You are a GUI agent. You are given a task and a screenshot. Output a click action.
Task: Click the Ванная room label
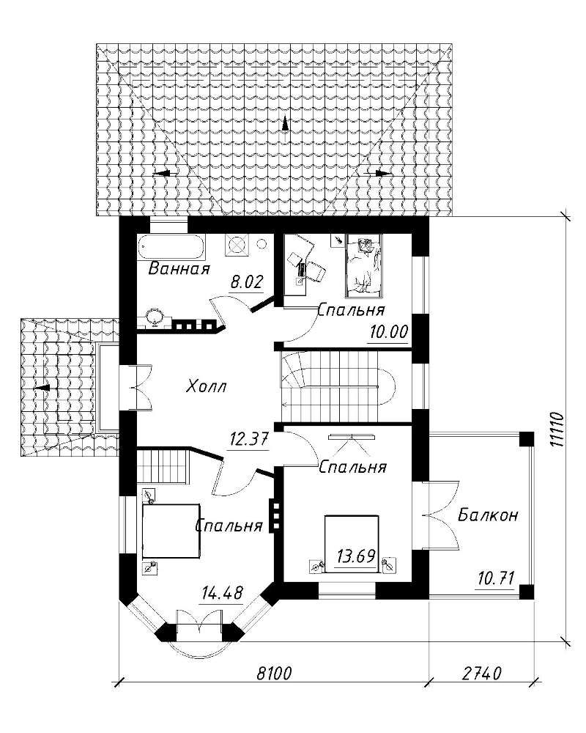click(x=179, y=268)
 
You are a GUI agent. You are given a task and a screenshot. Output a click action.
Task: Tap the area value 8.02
click(x=247, y=282)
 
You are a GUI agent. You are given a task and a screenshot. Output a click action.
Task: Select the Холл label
click(x=206, y=386)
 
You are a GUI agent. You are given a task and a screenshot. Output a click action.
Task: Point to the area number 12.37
click(x=249, y=439)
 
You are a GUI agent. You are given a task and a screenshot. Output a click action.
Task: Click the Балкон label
click(x=488, y=515)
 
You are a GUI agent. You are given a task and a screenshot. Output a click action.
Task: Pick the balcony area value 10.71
click(x=496, y=579)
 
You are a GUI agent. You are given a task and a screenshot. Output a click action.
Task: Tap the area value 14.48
click(x=223, y=594)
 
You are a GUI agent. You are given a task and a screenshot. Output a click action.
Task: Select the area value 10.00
click(x=389, y=332)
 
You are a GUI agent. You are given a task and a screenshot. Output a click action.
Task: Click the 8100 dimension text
click(x=274, y=674)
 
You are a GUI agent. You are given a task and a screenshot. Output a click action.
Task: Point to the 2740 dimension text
click(x=482, y=674)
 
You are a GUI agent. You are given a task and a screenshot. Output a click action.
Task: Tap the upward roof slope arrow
click(x=285, y=126)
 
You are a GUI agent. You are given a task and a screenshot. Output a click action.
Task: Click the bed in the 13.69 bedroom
click(x=352, y=543)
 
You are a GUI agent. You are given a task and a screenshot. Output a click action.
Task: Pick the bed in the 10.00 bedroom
click(x=363, y=266)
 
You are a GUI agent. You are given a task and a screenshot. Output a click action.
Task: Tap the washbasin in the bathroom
click(x=155, y=317)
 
